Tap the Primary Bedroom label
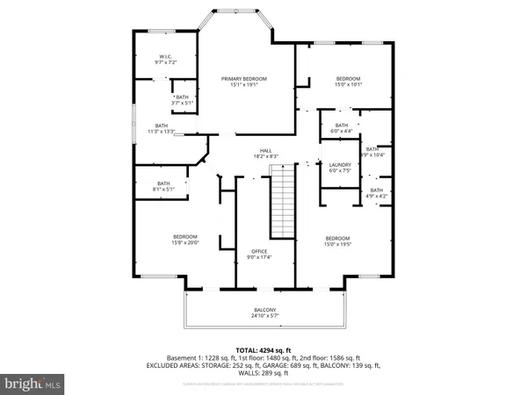(x=243, y=79)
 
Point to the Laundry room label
(x=340, y=164)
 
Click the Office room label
(x=259, y=251)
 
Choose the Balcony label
(x=265, y=310)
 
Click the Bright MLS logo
(x=33, y=384)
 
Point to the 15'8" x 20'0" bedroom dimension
(x=185, y=242)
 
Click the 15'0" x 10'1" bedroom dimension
(x=349, y=85)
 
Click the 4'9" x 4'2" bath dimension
(x=377, y=196)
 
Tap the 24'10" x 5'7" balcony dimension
(x=265, y=317)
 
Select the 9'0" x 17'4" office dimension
(x=259, y=257)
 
